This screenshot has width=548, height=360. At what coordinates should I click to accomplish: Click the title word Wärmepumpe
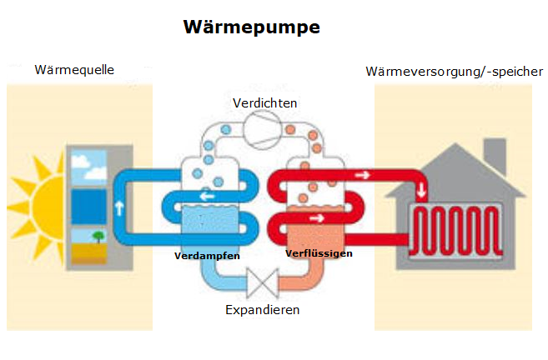click(251, 27)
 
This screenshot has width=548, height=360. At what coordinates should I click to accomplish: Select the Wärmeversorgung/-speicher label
click(450, 71)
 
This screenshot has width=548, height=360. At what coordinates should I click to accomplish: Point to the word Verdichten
click(265, 102)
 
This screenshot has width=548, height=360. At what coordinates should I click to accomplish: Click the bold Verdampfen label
click(207, 256)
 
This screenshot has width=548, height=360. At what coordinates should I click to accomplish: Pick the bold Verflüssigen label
click(319, 252)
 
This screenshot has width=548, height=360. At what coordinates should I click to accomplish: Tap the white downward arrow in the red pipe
click(422, 188)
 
